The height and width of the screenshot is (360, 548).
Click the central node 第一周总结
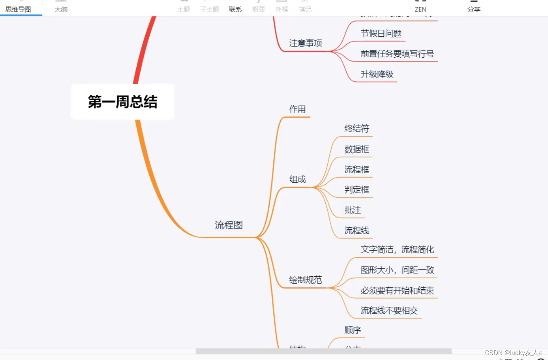122,102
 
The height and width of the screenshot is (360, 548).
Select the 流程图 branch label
229,225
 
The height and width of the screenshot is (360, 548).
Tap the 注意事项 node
306,43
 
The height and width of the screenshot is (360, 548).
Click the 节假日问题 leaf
381,34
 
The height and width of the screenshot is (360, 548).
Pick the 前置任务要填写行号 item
397,54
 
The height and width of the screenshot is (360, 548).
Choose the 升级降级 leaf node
377,74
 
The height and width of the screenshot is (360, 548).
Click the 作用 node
297,109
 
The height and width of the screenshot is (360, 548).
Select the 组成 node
297,179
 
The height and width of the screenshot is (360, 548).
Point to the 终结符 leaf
357,128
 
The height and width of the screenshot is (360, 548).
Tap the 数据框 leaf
357,149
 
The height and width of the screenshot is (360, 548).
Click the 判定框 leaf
357,190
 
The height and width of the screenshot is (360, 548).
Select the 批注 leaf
352,210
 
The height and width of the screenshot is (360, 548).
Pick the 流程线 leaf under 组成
357,230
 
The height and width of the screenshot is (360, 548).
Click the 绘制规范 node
306,280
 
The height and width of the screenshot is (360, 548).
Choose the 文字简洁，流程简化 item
397,250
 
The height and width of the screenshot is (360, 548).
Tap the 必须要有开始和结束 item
397,290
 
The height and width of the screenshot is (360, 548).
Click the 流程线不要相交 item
389,310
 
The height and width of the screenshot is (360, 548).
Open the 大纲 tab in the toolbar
61,9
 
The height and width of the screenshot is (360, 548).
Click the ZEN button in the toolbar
420,9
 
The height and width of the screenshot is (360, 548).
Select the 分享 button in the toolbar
474,9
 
